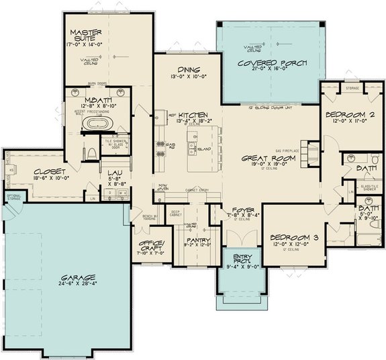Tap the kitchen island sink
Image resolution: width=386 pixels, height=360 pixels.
[192, 146]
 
